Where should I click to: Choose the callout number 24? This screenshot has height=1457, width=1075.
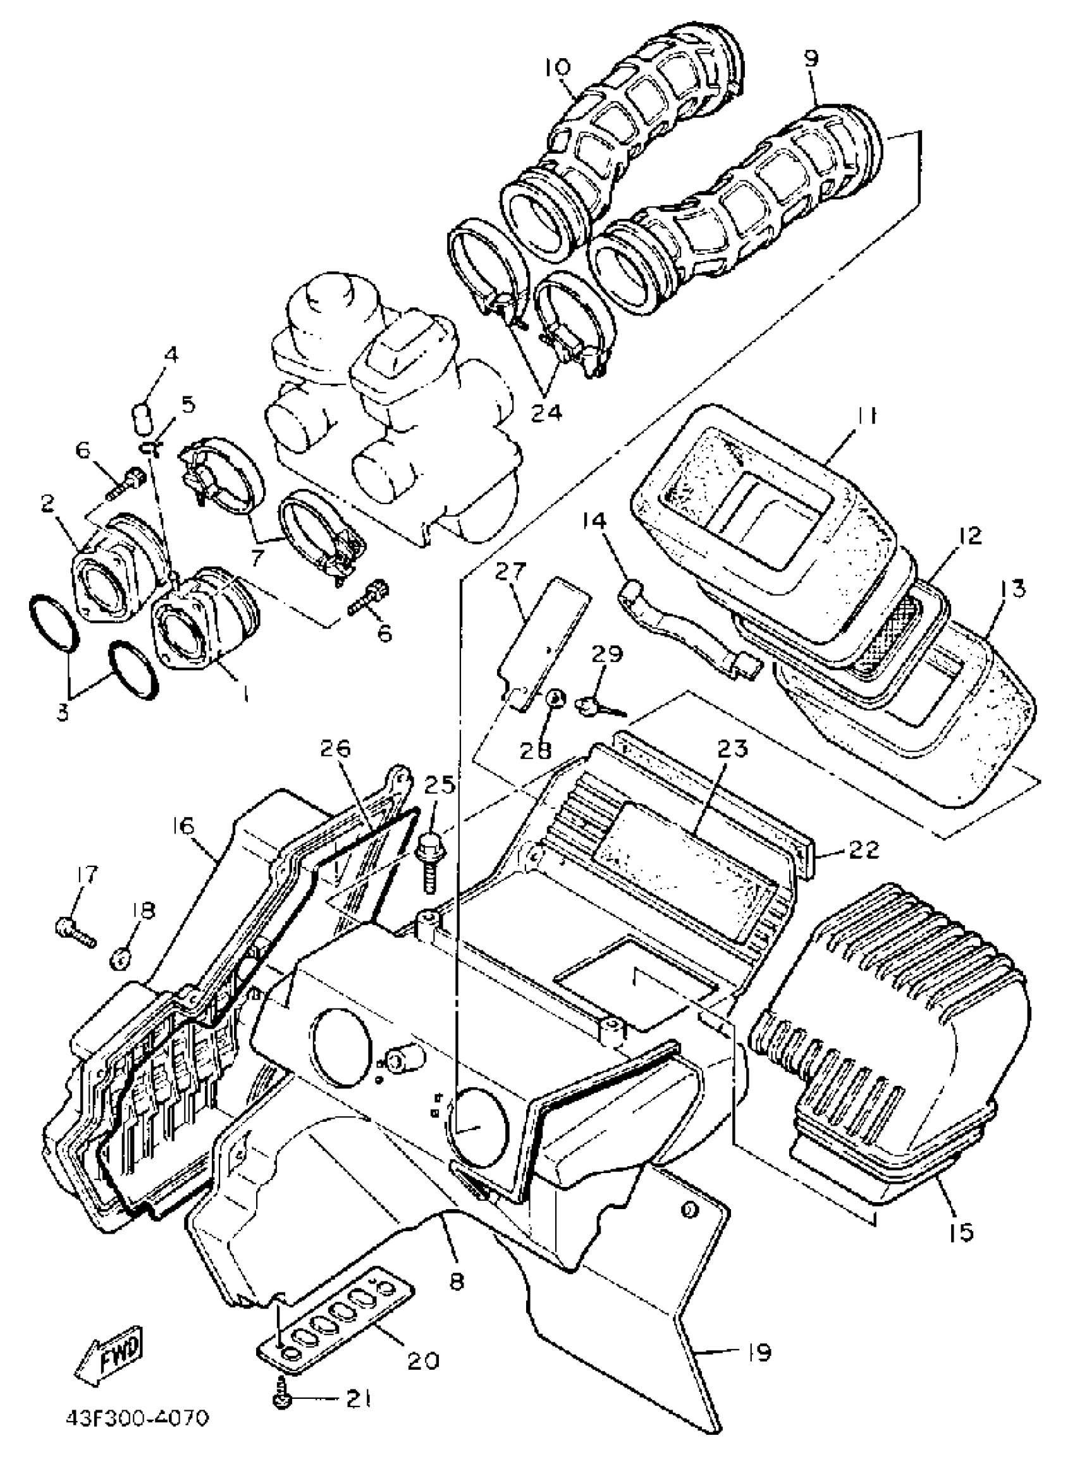pyautogui.click(x=546, y=411)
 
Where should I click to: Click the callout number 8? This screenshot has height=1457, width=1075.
pyautogui.click(x=457, y=1281)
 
